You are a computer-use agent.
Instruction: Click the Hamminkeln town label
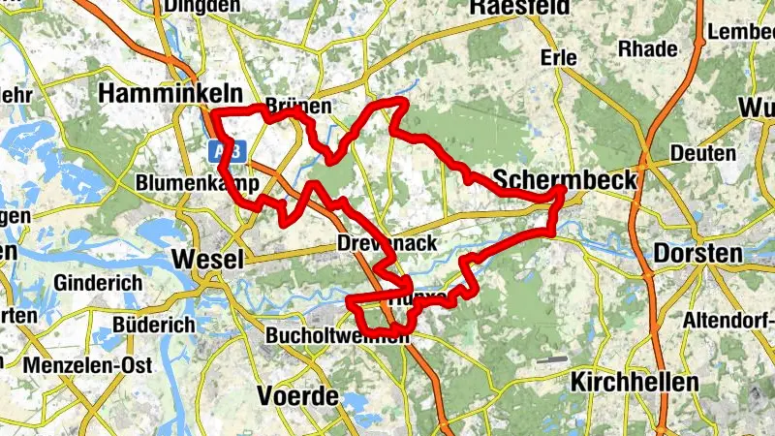[156, 92]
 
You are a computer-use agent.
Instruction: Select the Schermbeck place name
[565, 179]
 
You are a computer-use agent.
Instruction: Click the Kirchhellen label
[635, 382]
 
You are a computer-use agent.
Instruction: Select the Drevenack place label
[387, 243]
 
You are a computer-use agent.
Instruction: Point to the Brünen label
[298, 106]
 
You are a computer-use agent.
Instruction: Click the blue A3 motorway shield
[228, 150]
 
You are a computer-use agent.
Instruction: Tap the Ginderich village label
[99, 283]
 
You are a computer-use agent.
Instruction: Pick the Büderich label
[154, 326]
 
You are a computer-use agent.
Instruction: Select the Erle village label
[559, 58]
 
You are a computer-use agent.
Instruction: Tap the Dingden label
[201, 6]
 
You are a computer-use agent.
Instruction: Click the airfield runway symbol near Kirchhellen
[550, 359]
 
